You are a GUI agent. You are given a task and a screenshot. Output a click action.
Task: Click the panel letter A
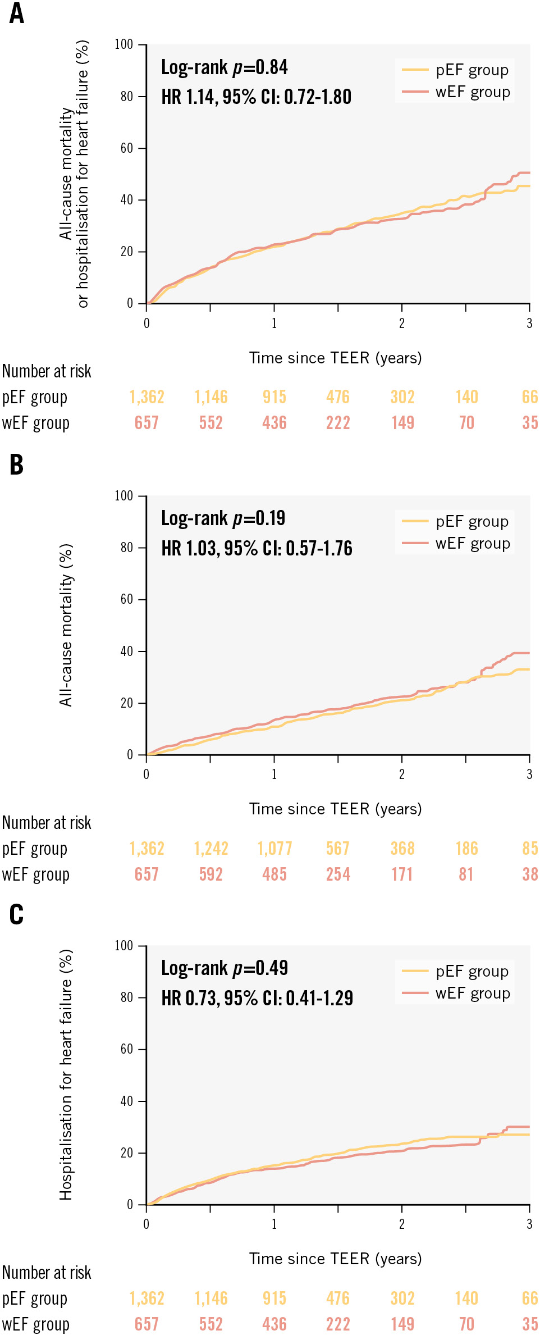click(17, 13)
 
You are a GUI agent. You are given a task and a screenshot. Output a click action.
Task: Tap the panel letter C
click(17, 914)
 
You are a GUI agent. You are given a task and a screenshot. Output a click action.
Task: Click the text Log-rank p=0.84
click(224, 67)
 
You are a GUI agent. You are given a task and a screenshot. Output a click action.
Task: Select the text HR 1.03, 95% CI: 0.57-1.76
click(257, 548)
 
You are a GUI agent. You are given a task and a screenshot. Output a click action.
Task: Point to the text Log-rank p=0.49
click(224, 968)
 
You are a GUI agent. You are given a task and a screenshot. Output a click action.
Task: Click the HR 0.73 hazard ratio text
click(257, 998)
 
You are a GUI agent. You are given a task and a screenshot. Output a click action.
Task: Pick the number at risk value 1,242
click(211, 849)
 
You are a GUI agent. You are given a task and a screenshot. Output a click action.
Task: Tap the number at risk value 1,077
click(274, 849)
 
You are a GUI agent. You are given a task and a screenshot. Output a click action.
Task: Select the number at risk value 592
click(211, 874)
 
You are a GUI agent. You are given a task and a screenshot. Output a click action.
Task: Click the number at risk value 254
click(338, 874)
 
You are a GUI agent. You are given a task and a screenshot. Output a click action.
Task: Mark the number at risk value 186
click(466, 849)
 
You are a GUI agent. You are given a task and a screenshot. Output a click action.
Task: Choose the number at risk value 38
click(530, 874)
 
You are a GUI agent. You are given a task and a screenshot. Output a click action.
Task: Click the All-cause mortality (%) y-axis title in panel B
click(66, 625)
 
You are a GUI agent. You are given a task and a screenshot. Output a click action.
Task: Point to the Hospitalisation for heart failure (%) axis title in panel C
click(66, 1075)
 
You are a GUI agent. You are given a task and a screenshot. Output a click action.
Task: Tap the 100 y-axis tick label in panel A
click(124, 44)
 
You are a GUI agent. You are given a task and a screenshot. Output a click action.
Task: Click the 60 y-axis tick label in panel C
click(127, 1049)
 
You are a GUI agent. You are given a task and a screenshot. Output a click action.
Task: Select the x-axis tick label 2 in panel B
click(402, 774)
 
